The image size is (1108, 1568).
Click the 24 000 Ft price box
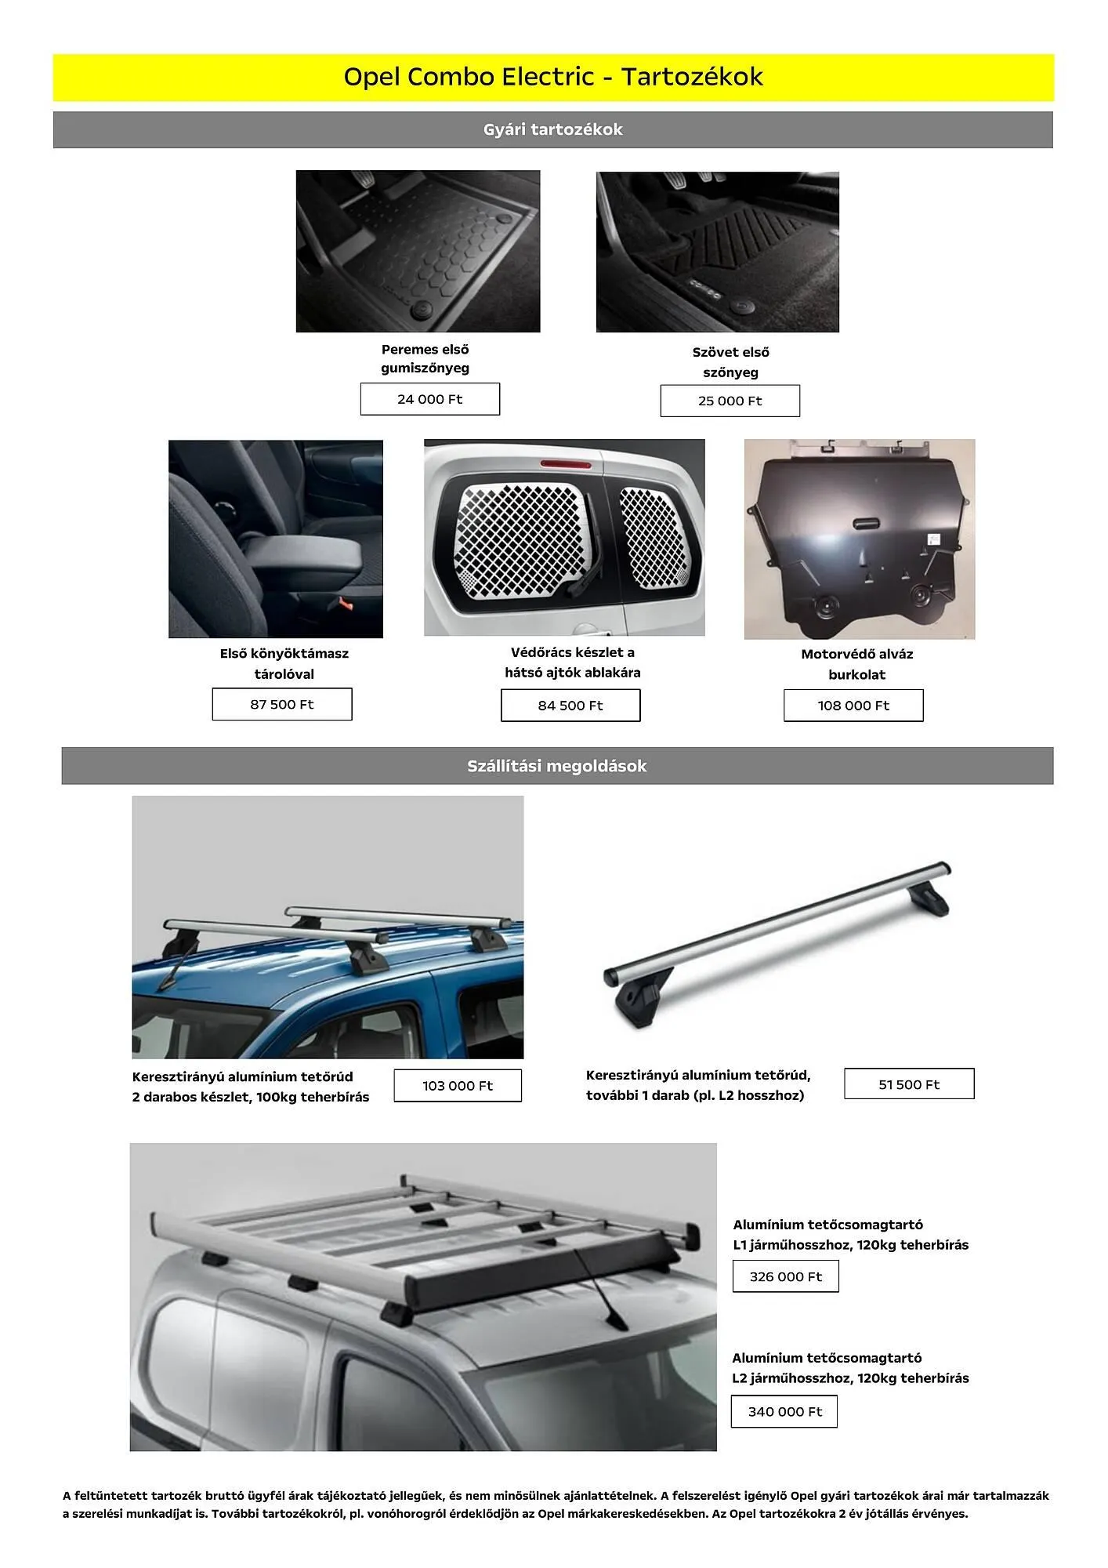click(x=429, y=399)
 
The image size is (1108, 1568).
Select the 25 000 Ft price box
click(x=730, y=401)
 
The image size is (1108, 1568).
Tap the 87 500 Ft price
click(x=281, y=704)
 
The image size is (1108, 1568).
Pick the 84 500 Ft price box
click(x=570, y=706)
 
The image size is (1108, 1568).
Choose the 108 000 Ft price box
click(x=853, y=706)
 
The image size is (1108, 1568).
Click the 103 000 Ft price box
click(x=458, y=1086)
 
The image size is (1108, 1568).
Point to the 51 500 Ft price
click(x=909, y=1084)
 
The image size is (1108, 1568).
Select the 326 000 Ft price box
click(x=785, y=1276)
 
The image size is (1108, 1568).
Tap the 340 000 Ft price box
click(x=784, y=1411)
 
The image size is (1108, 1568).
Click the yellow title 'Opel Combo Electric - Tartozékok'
click(x=553, y=77)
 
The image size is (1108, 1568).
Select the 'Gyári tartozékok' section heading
click(x=553, y=129)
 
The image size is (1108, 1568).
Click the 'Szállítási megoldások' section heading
click(x=557, y=766)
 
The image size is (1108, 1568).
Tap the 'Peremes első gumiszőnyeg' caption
click(x=425, y=358)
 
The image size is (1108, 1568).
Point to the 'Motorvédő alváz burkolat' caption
click(x=856, y=664)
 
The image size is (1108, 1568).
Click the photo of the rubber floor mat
click(x=418, y=251)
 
